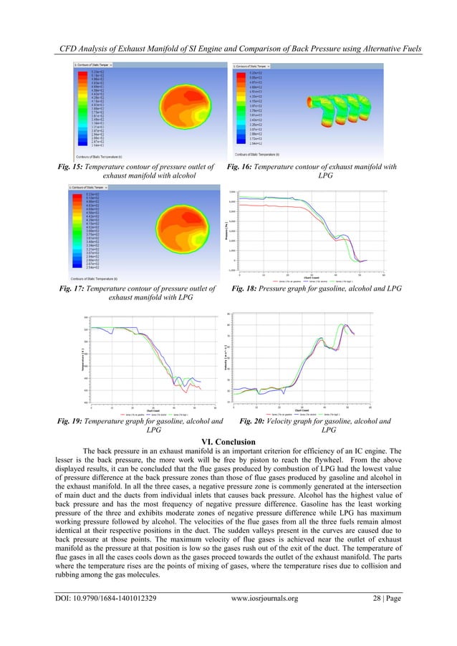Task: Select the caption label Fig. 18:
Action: [247, 289]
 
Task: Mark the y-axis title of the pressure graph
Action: [233, 231]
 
